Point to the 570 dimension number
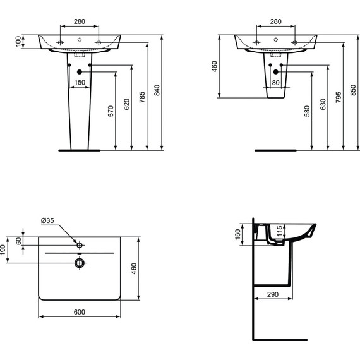tap(111, 112)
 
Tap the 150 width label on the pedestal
tap(80, 82)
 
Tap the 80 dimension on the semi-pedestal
tap(276, 82)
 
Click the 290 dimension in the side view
tap(272, 294)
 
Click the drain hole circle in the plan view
tap(80, 262)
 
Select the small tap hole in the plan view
tap(80, 244)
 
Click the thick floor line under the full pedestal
tap(80, 151)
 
